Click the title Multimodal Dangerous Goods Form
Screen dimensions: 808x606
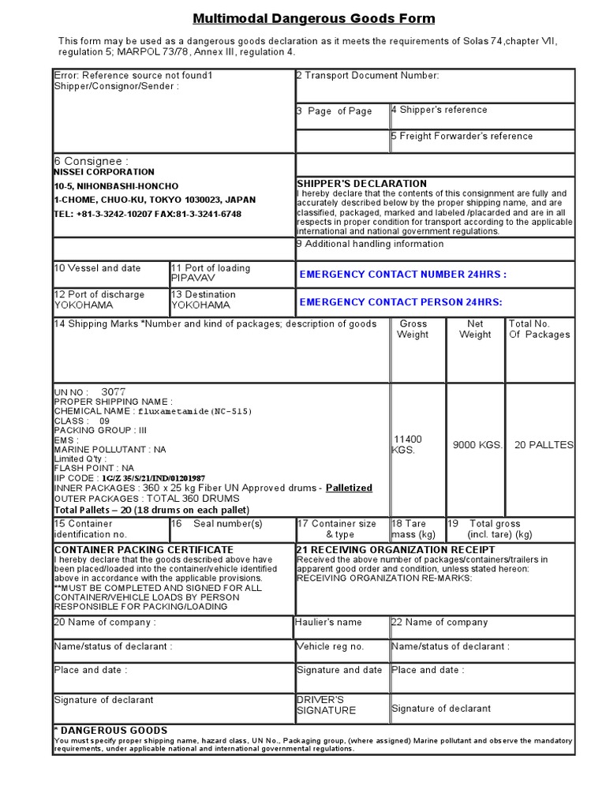314,19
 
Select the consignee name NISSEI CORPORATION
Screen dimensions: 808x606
104,172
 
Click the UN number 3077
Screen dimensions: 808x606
114,391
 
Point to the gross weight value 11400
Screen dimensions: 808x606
407,440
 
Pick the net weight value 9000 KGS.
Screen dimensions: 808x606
477,445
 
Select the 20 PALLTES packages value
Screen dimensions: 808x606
543,445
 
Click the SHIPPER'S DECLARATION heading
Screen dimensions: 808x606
361,184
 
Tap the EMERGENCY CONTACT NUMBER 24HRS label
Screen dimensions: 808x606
403,275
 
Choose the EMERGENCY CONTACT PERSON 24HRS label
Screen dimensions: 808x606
401,302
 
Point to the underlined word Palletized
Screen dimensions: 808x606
349,488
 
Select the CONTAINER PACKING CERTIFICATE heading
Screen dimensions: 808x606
144,549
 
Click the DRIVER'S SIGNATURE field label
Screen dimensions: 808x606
326,705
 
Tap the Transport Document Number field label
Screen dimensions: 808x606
368,76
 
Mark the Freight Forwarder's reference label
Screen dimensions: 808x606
462,137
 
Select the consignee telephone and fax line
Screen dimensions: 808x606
148,214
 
